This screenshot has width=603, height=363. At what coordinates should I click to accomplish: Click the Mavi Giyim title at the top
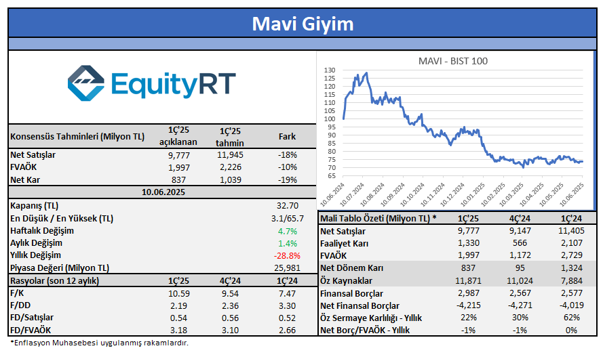tap(303, 24)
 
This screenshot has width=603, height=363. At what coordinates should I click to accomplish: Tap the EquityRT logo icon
tap(86, 83)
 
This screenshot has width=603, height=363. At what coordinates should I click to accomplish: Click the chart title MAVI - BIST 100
tap(452, 61)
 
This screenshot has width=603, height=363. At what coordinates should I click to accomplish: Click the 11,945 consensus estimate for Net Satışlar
tap(229, 156)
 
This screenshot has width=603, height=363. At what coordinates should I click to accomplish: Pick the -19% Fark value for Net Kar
tap(288, 180)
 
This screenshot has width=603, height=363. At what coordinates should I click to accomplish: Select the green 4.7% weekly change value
tap(288, 230)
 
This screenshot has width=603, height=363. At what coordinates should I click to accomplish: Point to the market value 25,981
tap(284, 268)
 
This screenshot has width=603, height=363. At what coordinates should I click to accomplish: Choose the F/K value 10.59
tap(178, 293)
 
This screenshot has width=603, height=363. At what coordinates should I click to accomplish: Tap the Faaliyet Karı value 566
tap(520, 243)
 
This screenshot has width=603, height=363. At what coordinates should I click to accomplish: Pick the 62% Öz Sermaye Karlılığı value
tap(572, 318)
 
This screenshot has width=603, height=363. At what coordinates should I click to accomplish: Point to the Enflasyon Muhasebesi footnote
tap(99, 343)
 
